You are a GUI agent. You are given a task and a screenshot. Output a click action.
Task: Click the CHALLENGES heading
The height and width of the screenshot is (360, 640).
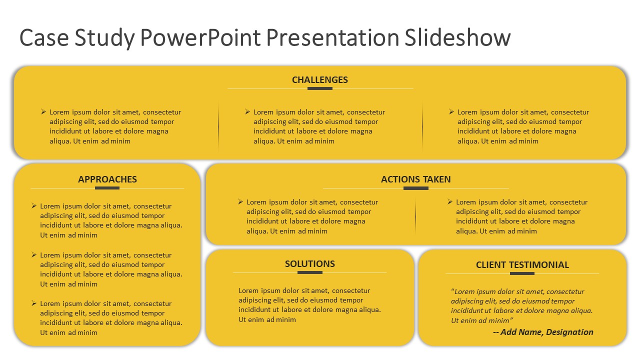[319, 80]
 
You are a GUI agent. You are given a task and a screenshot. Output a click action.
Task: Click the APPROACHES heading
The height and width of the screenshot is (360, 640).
[107, 179]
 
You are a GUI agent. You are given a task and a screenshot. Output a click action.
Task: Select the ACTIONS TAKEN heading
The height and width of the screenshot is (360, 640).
[415, 179]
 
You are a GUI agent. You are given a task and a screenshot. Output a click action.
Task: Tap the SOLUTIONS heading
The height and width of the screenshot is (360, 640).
[309, 264]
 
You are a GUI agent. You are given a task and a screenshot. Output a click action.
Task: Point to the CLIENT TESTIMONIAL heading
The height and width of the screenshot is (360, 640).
[522, 265]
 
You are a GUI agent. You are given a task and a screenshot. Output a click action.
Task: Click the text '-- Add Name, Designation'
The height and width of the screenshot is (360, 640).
[543, 332]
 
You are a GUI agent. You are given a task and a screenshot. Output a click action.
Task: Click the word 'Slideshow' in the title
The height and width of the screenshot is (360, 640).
[457, 38]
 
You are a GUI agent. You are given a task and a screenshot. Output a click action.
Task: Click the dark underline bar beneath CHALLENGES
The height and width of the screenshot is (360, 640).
[319, 88]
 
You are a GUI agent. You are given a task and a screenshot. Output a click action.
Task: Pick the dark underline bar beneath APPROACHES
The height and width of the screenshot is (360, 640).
[107, 188]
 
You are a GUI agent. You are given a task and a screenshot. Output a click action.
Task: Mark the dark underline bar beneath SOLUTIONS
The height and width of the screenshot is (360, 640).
[309, 272]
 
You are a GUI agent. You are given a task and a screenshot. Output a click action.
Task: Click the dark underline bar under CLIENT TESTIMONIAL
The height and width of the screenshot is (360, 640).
[522, 273]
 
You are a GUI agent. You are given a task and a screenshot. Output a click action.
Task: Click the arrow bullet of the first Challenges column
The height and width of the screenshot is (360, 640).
[43, 112]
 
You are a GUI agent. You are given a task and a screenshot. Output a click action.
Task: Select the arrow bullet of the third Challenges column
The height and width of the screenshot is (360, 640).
[451, 112]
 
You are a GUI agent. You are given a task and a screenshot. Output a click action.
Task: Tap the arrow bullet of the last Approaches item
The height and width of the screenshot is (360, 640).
[34, 303]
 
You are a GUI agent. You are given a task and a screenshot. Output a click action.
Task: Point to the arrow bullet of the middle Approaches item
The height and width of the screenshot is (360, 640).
[34, 254]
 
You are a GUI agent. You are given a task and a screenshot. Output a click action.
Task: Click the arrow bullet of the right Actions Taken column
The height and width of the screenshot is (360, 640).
[450, 202]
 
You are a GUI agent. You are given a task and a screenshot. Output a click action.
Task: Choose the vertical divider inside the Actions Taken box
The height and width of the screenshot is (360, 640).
[415, 216]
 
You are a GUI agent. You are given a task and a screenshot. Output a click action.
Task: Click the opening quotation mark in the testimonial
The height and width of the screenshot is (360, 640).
[452, 291]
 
